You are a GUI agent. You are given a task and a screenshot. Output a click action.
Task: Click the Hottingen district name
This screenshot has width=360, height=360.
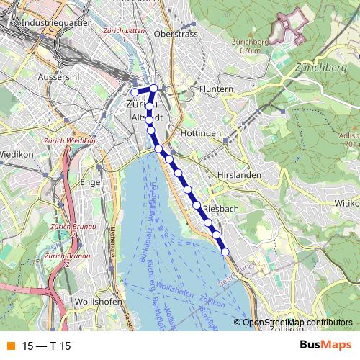[x=201, y=134]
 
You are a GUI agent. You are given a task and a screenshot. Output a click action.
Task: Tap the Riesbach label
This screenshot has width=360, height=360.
[x=220, y=209]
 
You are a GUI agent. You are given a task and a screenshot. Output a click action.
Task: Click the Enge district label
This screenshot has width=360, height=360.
[x=90, y=183]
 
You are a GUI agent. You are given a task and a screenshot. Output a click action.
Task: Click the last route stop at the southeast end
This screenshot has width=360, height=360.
[x=225, y=251]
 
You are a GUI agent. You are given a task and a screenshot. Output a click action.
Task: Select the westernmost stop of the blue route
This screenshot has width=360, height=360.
[x=135, y=92]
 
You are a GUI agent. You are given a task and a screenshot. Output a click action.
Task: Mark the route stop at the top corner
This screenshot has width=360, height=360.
[x=153, y=89]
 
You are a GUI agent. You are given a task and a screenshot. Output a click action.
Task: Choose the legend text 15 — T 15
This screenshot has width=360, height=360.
[x=47, y=346]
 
